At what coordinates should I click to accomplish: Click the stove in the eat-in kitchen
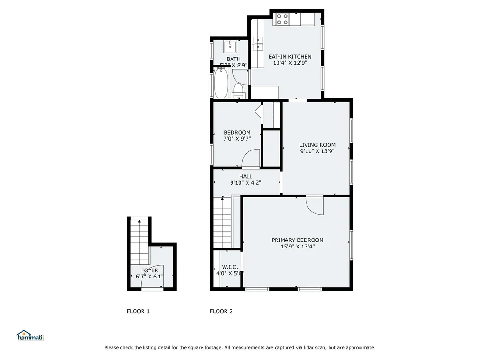282,19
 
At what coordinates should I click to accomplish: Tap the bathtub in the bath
221,83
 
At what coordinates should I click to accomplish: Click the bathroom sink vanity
231,47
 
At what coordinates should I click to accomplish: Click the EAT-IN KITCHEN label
290,57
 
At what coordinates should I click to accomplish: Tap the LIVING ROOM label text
317,145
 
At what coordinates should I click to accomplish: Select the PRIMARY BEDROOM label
297,240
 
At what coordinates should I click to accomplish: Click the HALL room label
246,176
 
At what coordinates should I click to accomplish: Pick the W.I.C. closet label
223,267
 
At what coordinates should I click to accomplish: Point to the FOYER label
150,270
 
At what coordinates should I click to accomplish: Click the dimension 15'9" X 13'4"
297,246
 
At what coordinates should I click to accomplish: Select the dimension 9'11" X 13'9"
317,151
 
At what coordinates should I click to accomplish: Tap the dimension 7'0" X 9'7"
237,139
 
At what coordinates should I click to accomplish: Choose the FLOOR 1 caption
138,311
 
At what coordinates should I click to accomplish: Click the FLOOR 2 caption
221,311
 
